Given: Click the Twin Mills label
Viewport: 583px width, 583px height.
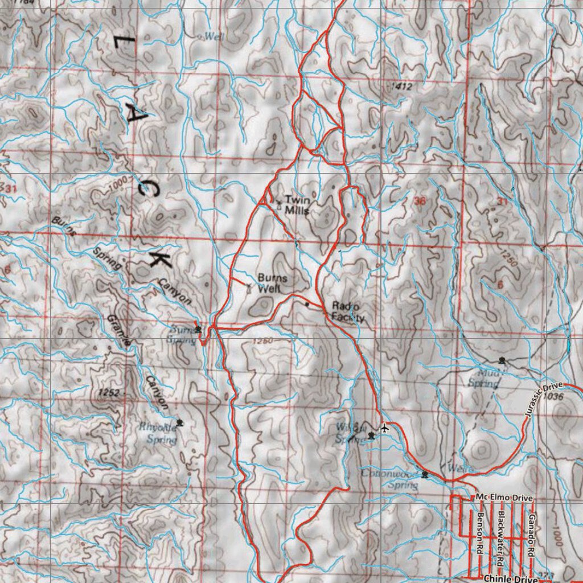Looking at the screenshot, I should point(297,205).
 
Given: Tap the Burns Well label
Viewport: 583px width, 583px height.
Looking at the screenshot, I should point(272,284).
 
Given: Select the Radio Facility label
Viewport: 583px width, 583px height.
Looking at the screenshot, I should point(347,311).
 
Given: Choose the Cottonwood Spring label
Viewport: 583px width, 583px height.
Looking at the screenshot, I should point(392,479).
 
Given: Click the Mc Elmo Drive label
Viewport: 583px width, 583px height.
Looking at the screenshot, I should point(504,498).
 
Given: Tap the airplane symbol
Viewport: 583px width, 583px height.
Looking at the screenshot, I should point(385,426).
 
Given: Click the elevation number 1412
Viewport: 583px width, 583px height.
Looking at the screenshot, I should point(402,86).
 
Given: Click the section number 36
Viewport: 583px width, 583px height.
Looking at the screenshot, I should point(420,200).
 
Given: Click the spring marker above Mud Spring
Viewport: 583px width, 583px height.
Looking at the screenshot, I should point(502,360).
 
